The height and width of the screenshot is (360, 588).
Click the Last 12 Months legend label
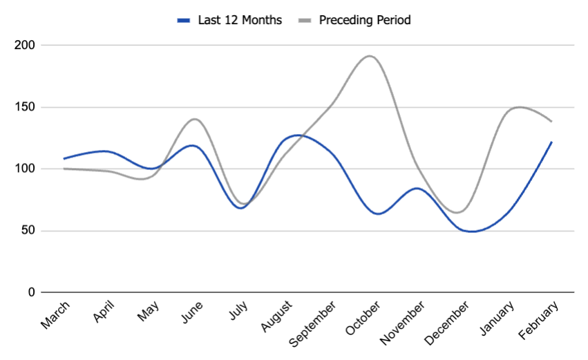(x=240, y=20)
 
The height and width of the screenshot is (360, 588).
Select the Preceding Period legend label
(x=364, y=20)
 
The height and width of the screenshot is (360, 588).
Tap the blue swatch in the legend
(x=184, y=20)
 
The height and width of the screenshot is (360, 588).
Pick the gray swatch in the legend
(x=304, y=20)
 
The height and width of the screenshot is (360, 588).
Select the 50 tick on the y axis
(x=28, y=231)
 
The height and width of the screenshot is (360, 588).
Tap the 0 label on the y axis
(x=31, y=292)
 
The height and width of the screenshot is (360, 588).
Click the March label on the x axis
(x=55, y=314)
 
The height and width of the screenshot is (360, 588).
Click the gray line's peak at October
(x=370, y=56)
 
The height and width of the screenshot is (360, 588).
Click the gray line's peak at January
(x=518, y=107)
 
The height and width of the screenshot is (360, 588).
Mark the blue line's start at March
(x=64, y=159)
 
